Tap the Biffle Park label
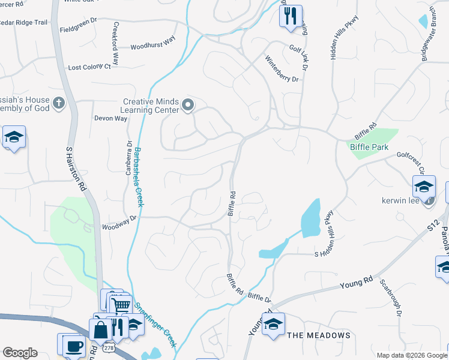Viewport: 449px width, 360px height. [x=369, y=147]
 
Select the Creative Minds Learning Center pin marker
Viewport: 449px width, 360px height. [x=188, y=106]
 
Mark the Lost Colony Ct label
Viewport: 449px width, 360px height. [x=89, y=67]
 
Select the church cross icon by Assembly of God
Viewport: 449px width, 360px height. [x=58, y=103]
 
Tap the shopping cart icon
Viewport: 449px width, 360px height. [x=122, y=305]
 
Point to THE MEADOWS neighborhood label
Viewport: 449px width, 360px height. [x=318, y=335]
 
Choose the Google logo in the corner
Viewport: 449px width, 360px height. [x=20, y=353]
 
